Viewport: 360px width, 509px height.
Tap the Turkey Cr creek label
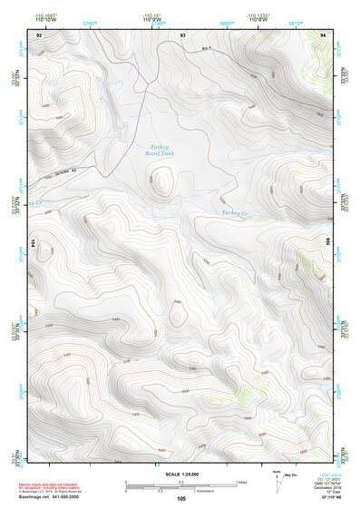(234, 214)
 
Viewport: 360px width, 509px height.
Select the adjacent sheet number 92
(39, 34)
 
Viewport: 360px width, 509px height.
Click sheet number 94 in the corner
(324, 34)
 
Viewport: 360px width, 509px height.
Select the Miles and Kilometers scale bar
(181, 486)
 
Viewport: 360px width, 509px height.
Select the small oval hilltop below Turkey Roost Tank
(162, 185)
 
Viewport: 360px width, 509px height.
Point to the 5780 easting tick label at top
(89, 23)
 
